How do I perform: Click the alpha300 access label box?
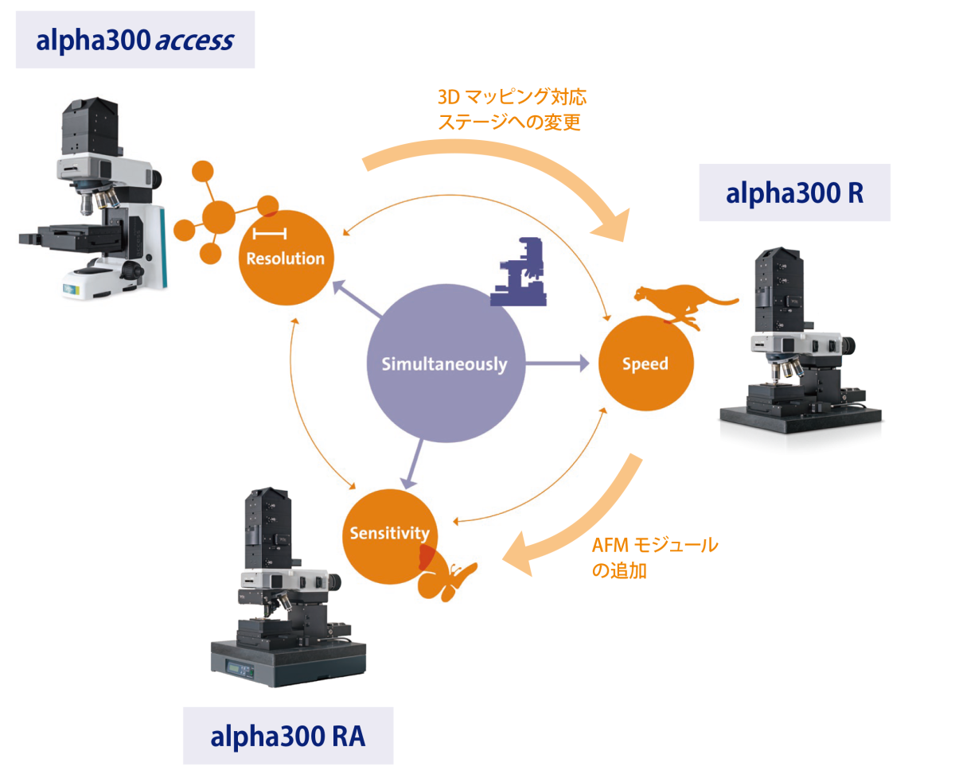[134, 40]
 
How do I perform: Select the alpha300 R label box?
[794, 193]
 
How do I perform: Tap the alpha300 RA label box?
[287, 736]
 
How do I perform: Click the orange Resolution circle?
[285, 256]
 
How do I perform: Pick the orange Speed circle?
[645, 364]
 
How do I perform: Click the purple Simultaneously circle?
[444, 364]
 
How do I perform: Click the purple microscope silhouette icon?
[519, 272]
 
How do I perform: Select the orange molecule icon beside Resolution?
[211, 213]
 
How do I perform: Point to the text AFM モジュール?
[654, 546]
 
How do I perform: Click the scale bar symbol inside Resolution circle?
[270, 233]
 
